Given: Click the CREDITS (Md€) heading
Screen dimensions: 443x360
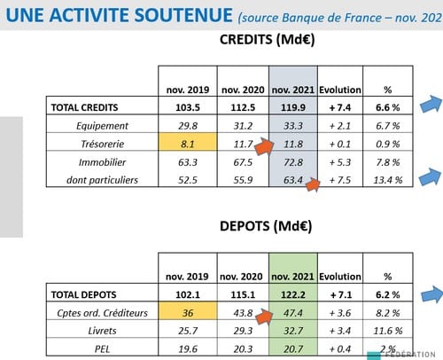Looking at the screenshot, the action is click(267, 40).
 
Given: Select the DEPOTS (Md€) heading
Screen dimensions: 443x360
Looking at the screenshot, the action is click(266, 226).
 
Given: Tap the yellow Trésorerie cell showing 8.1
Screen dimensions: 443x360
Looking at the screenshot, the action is click(188, 142).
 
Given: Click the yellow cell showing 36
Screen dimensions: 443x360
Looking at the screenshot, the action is click(188, 311).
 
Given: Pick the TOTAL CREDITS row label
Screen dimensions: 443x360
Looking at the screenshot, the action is click(84, 107).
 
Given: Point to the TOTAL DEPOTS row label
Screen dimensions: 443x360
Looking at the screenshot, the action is click(84, 294).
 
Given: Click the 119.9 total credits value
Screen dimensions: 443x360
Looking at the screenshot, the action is click(293, 107).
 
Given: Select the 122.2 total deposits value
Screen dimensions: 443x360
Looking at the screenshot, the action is click(293, 294).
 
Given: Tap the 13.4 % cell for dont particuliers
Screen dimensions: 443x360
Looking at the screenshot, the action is click(388, 180).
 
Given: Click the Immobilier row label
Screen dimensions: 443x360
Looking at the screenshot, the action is click(102, 162).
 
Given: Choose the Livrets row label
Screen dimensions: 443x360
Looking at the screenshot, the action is click(102, 331).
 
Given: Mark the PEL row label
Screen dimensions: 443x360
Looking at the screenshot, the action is click(102, 349).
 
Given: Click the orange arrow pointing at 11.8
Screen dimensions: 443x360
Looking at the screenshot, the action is click(265, 146).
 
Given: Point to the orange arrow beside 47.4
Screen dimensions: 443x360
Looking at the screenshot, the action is click(264, 317).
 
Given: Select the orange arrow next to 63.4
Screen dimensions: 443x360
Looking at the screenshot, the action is click(313, 185).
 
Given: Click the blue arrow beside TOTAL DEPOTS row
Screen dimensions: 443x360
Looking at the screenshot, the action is click(431, 294).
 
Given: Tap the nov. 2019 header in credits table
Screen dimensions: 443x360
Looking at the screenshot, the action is click(188, 90).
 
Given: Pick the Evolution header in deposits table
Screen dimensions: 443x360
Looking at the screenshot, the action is click(340, 277).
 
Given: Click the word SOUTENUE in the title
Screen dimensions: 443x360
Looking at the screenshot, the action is click(183, 15).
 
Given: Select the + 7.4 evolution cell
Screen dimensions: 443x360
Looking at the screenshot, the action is click(340, 107).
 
